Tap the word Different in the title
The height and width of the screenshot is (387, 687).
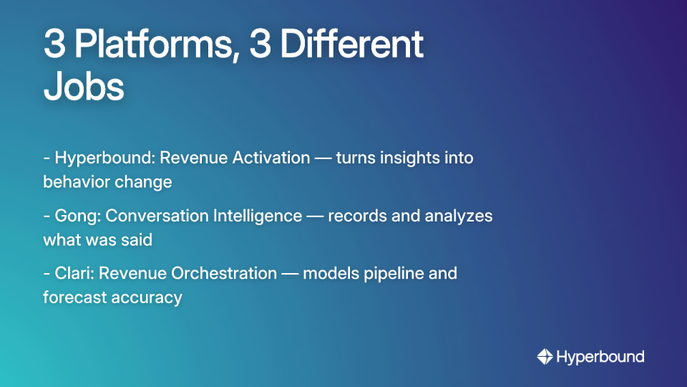pyautogui.click(x=351, y=45)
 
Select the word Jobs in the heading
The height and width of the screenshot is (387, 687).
pyautogui.click(x=84, y=87)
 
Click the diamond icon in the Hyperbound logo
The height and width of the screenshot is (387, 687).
pyautogui.click(x=545, y=356)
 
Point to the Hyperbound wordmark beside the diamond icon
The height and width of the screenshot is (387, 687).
pyautogui.click(x=600, y=356)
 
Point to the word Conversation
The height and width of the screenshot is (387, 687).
pyautogui.click(x=158, y=216)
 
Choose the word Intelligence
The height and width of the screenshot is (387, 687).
pyautogui.click(x=259, y=216)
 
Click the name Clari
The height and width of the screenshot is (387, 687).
pyautogui.click(x=74, y=273)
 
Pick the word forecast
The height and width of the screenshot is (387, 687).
pyautogui.click(x=74, y=297)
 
